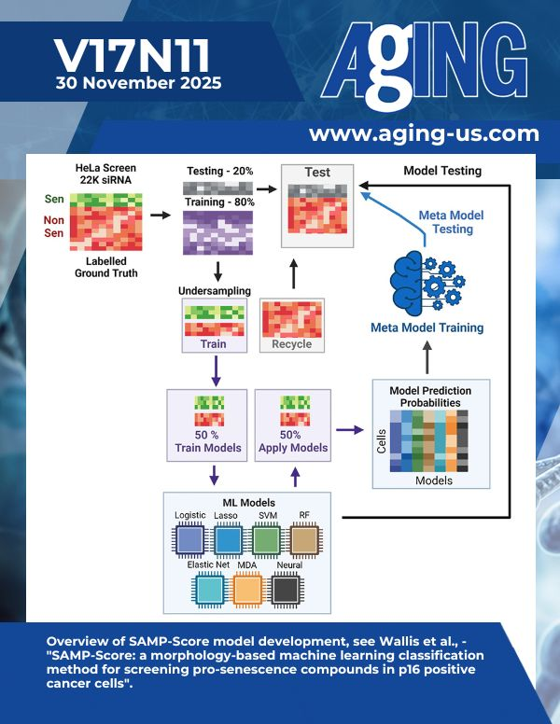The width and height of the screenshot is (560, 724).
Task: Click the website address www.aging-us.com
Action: tap(424, 133)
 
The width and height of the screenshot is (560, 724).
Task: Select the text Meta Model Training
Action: tap(427, 327)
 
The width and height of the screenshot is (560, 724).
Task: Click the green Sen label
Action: tap(54, 198)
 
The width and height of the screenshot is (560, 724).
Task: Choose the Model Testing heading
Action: tap(441, 171)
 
